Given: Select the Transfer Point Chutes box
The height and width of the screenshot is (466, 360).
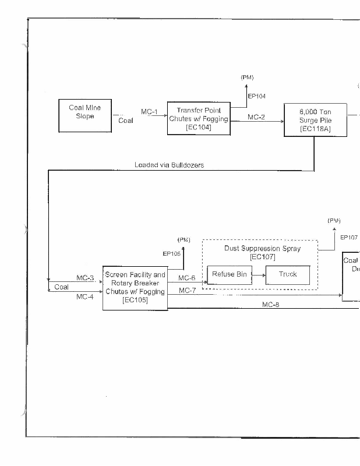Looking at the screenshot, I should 199,119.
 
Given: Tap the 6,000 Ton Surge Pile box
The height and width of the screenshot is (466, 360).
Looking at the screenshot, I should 315,119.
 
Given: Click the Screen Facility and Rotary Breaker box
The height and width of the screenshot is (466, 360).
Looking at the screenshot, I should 135,287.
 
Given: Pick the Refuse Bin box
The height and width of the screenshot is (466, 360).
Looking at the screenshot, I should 229,274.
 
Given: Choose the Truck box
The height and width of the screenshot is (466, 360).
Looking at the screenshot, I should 287,274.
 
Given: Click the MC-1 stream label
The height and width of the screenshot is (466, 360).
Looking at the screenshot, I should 150,112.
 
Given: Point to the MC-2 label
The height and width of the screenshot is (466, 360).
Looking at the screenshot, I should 256,117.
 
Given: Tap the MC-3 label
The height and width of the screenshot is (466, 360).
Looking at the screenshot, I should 85,278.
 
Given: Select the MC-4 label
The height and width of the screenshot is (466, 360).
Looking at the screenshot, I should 85,296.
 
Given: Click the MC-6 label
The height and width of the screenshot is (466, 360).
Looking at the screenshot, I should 186,278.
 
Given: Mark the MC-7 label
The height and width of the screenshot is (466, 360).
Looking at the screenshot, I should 187,290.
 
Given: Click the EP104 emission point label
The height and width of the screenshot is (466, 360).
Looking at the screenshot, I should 257,96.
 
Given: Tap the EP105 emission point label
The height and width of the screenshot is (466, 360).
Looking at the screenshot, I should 172,253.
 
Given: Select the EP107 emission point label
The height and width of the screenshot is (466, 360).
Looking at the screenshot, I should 349,238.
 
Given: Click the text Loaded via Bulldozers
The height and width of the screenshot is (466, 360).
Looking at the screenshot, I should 169,165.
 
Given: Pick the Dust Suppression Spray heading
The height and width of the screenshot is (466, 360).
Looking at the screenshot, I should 262,248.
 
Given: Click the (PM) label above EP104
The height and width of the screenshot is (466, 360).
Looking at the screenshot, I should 247,77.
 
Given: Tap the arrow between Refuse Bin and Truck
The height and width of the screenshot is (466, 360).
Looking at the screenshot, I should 258,275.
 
